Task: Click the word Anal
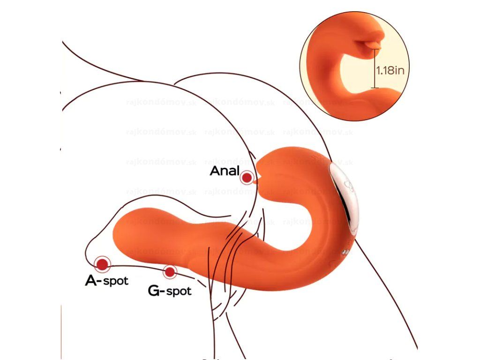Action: tap(225, 171)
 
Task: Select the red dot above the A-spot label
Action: tap(102, 264)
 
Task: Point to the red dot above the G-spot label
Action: tap(169, 271)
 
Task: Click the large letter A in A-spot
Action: tap(91, 280)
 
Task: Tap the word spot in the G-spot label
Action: tap(179, 291)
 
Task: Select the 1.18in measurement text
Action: tap(390, 71)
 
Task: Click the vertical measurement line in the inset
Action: tap(374, 70)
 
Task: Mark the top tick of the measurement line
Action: tap(374, 53)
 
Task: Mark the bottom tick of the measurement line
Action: tap(374, 88)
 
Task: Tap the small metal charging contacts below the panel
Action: tap(345, 253)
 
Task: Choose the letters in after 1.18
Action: tap(400, 71)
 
